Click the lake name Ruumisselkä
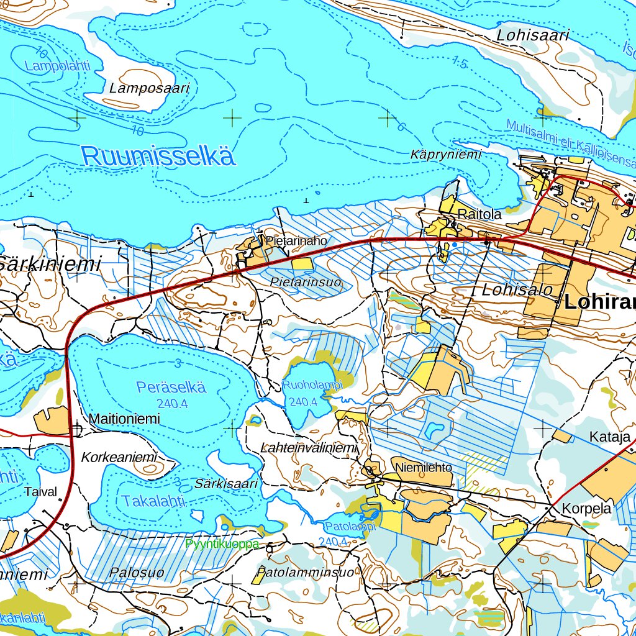coord(158,155)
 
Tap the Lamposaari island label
coord(149,88)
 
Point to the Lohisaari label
coord(532,35)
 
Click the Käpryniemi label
coord(446,155)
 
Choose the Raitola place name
coord(479,214)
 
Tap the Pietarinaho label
coord(296,240)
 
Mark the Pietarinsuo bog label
coord(306,282)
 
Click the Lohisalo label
coord(517,289)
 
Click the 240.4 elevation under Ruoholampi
coord(304,402)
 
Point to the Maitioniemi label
coord(124,419)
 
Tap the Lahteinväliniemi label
coord(309,448)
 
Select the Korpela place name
coord(586,508)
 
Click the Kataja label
coord(610,437)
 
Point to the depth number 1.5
coord(460,61)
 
